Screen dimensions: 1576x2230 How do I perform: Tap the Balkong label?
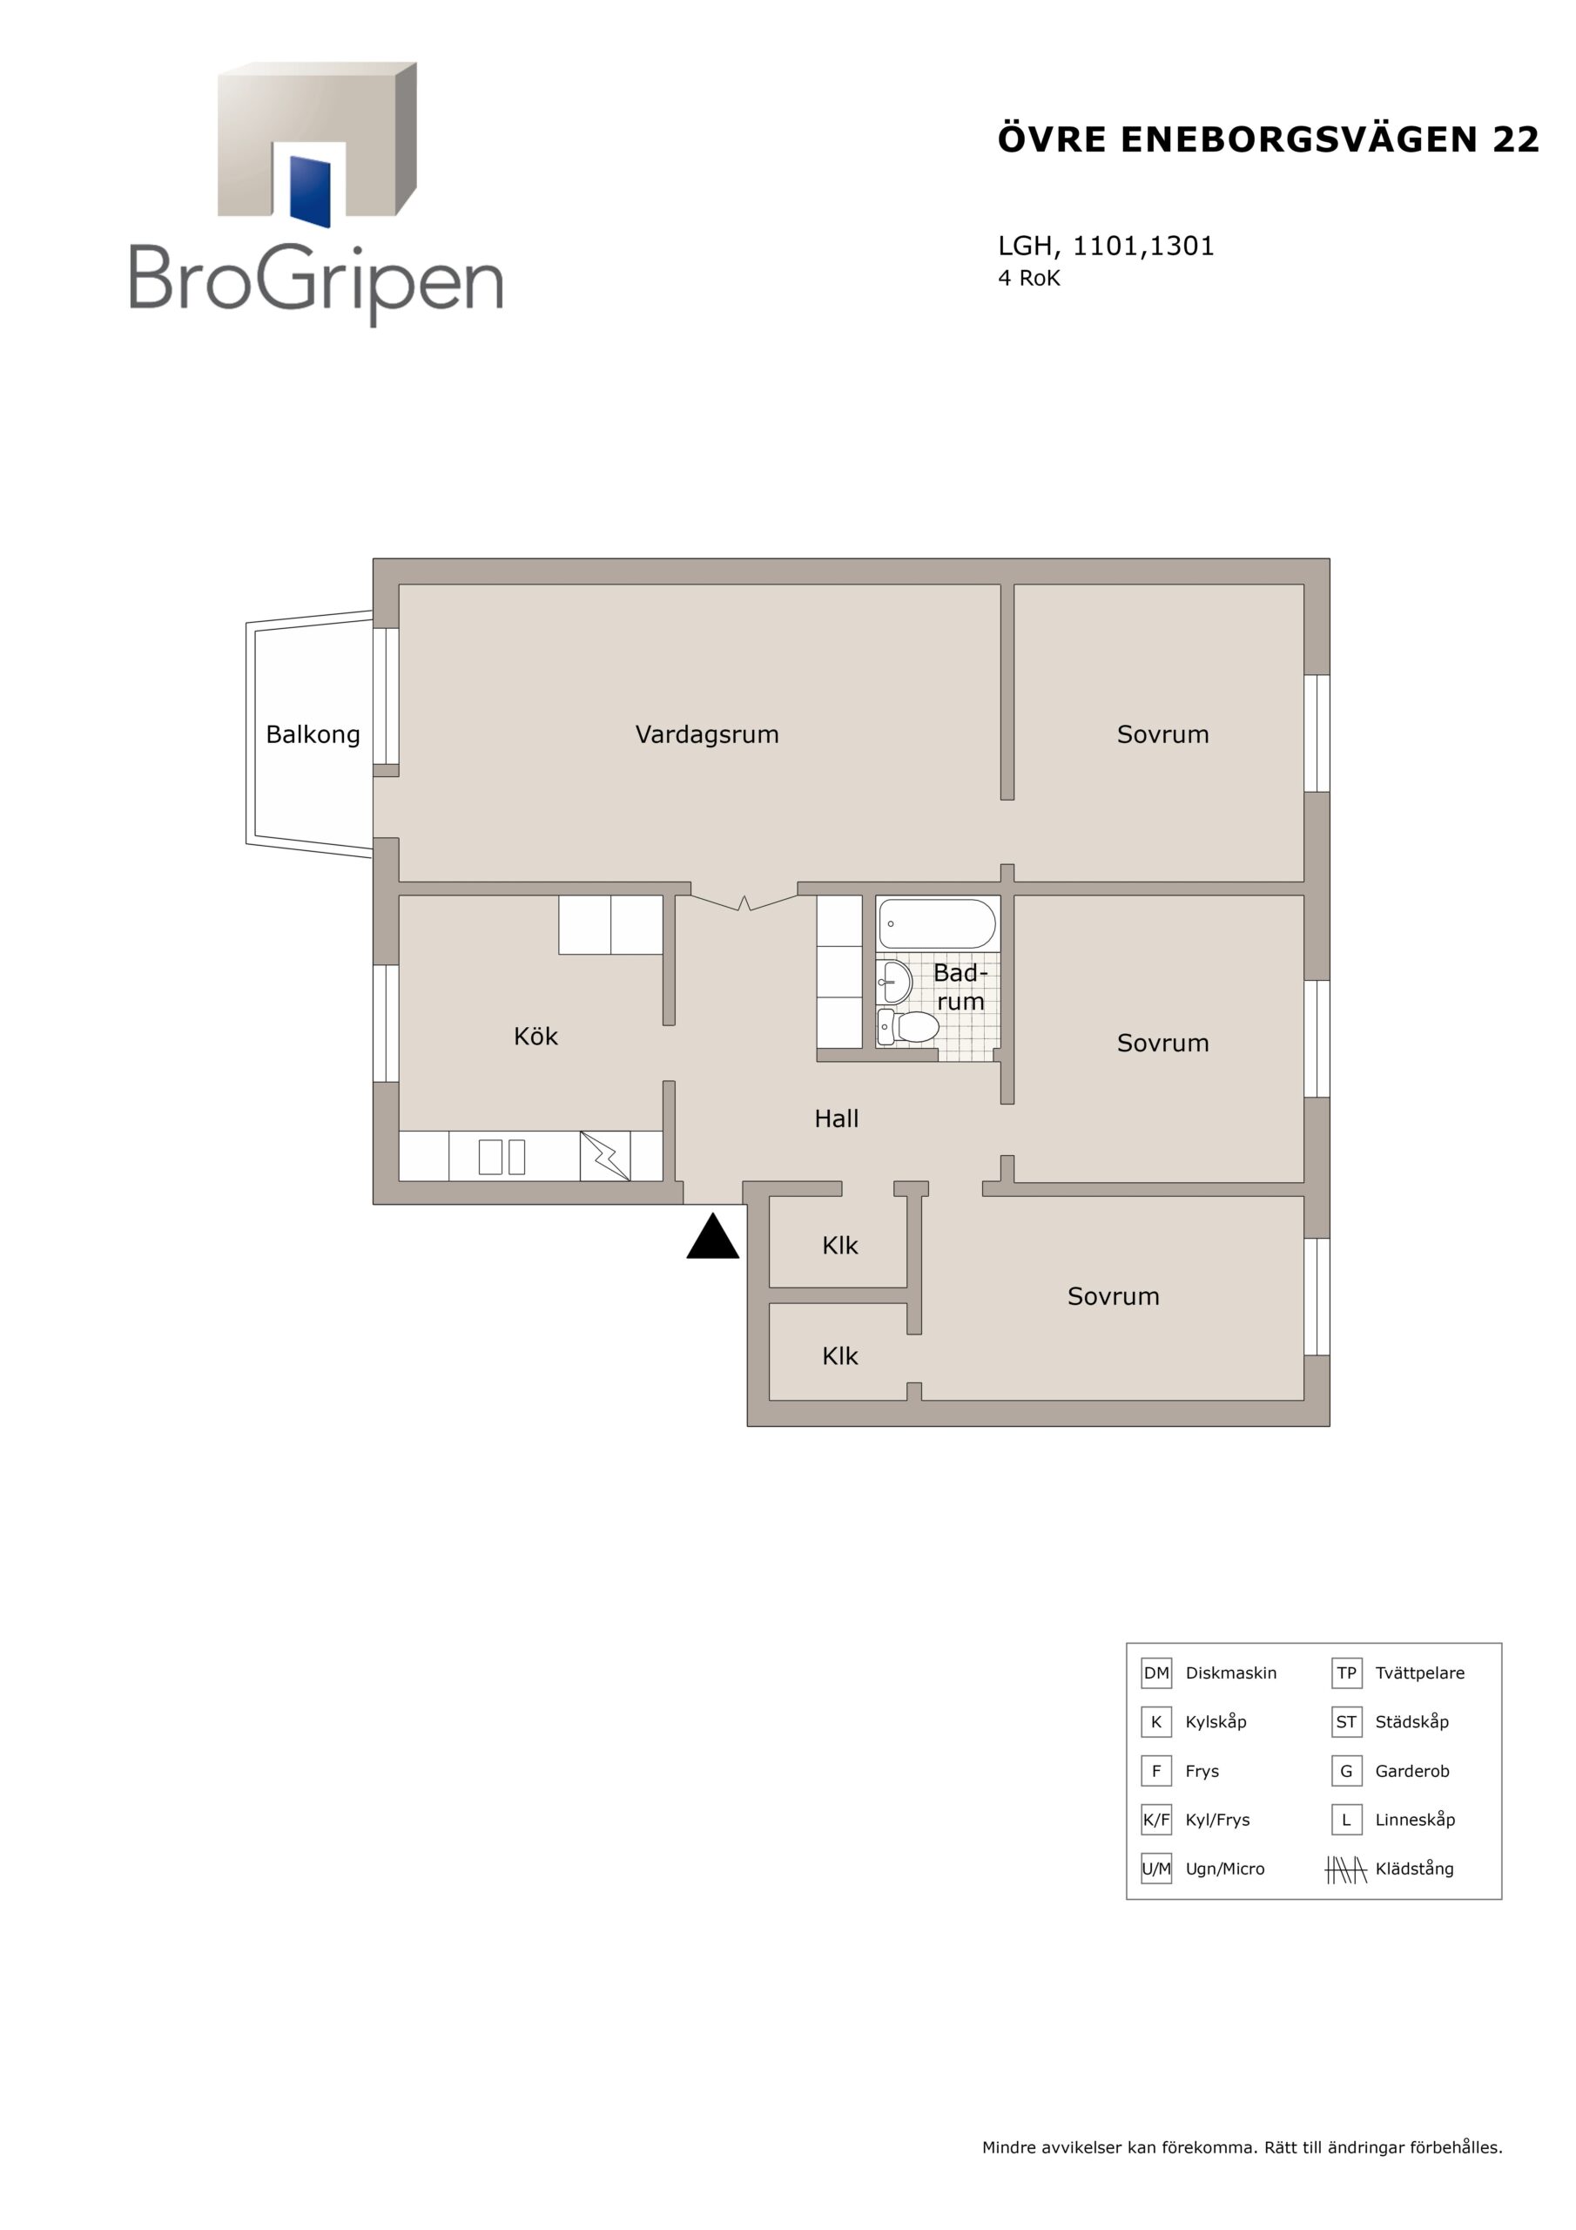[313, 735]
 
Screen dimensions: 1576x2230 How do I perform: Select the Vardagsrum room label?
[707, 735]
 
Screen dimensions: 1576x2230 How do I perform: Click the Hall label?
[836, 1118]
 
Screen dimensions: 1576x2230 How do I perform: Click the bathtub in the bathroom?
[937, 923]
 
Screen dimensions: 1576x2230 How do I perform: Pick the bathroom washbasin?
[894, 982]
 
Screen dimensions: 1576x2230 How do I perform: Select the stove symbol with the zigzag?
[605, 1156]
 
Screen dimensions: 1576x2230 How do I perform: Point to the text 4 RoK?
[1029, 279]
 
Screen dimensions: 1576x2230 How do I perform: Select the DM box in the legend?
[1155, 1672]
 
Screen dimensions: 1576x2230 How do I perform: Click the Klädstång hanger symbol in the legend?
[1346, 1868]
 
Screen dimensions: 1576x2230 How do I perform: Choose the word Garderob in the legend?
[1412, 1771]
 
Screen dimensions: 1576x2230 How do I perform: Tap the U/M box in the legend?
[1155, 1868]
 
